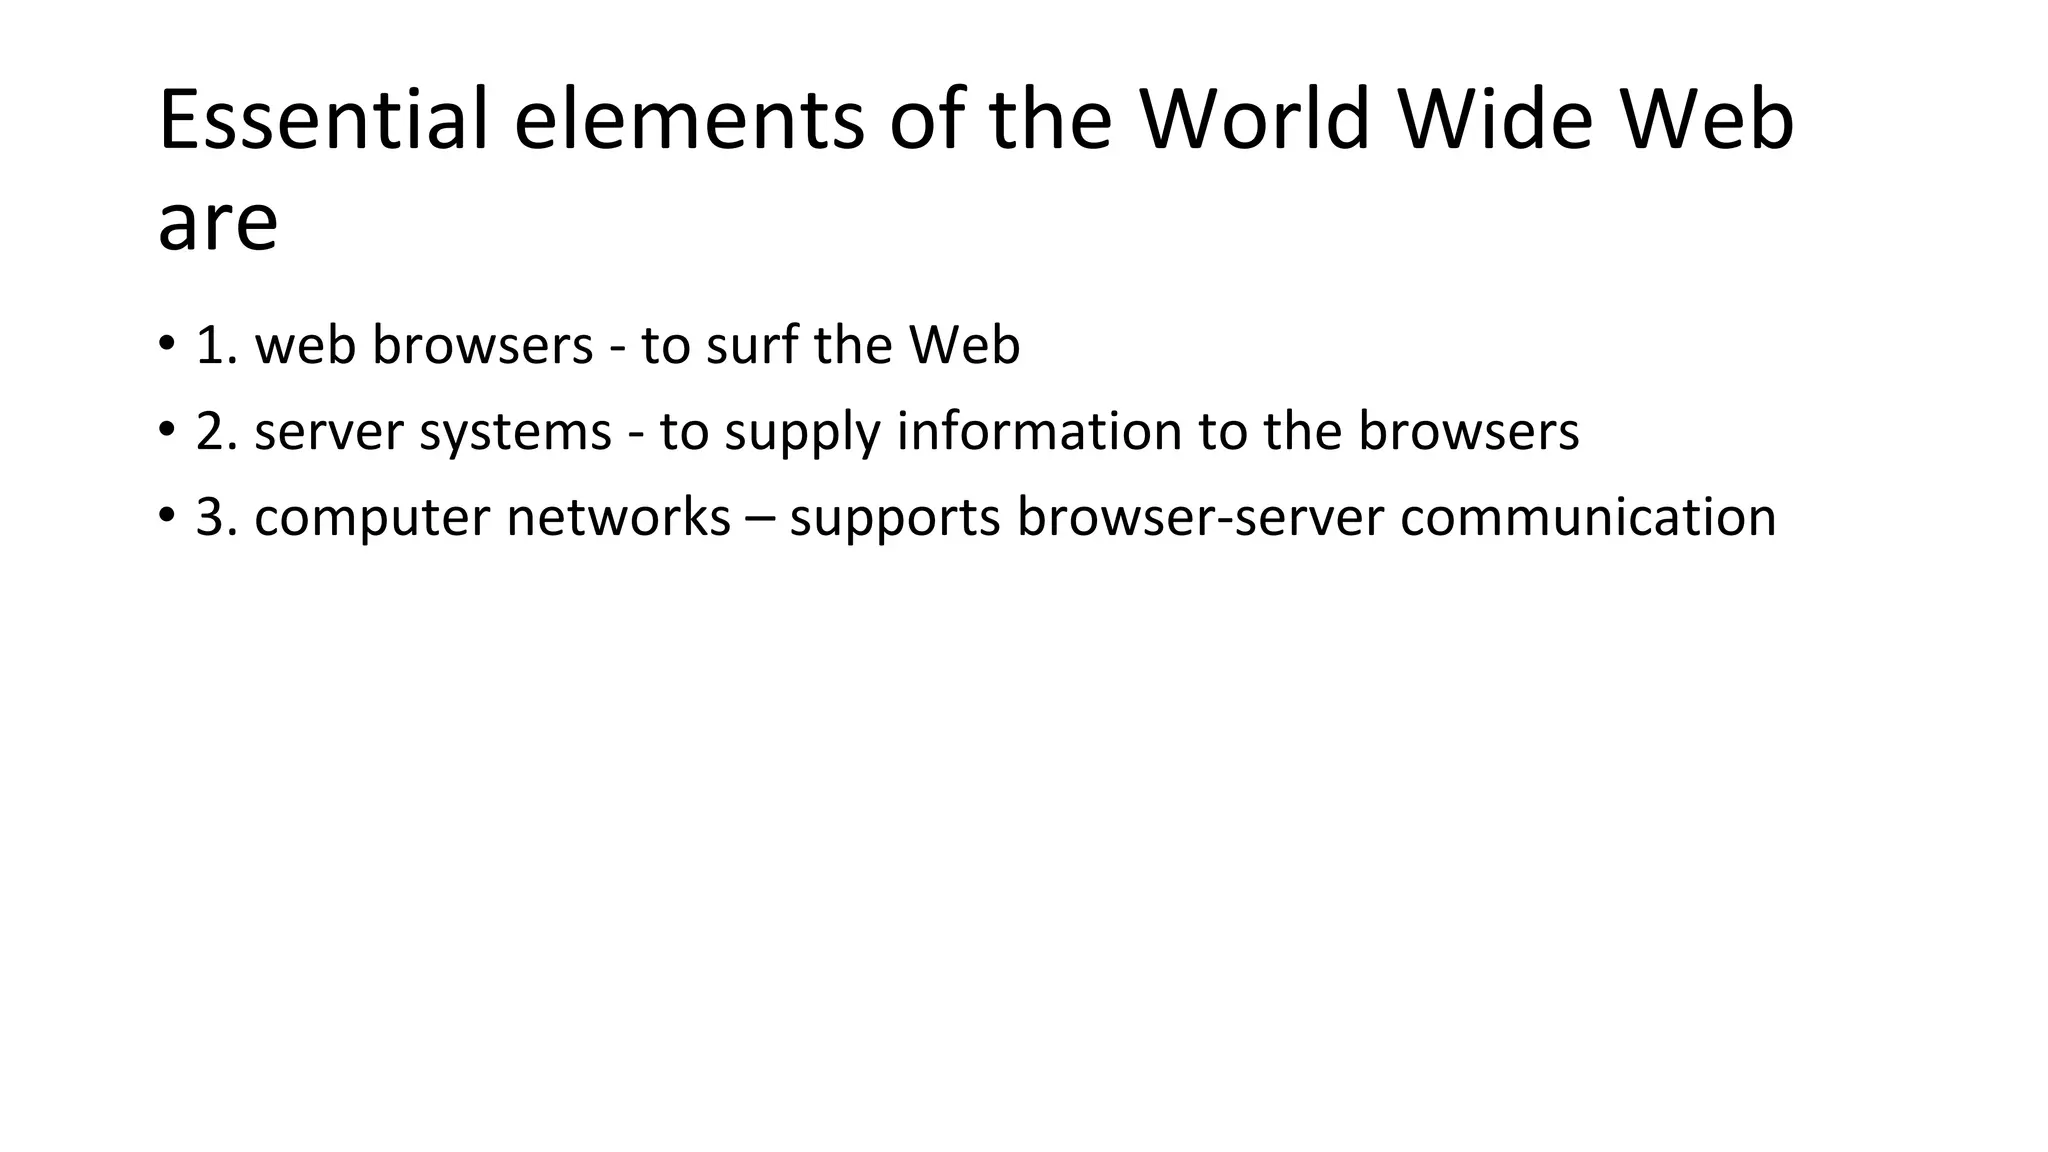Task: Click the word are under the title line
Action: (x=218, y=224)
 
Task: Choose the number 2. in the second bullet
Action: (x=217, y=431)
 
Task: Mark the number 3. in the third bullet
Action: (x=217, y=517)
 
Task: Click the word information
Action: (x=1039, y=431)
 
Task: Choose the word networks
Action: (x=618, y=517)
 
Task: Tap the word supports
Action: (x=895, y=519)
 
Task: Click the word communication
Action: (x=1588, y=517)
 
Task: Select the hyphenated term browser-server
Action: (x=1200, y=517)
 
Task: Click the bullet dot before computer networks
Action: (x=165, y=517)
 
